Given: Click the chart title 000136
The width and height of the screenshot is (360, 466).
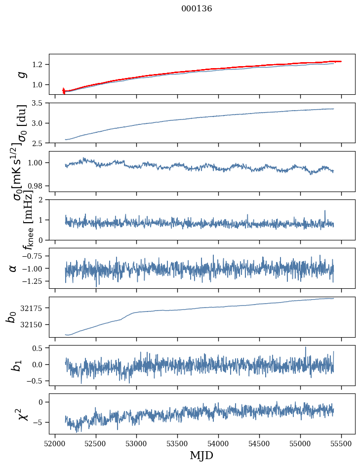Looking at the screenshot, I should pos(197,9).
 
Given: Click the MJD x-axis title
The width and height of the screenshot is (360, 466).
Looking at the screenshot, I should pos(201,455).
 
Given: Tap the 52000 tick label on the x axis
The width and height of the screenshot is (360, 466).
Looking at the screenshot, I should pos(55,442).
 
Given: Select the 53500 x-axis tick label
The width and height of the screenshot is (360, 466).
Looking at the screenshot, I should pos(177,442).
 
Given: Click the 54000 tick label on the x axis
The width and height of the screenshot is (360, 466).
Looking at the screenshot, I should pos(218,442).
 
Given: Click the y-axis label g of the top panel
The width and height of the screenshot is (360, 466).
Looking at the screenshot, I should pos(21,74).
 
